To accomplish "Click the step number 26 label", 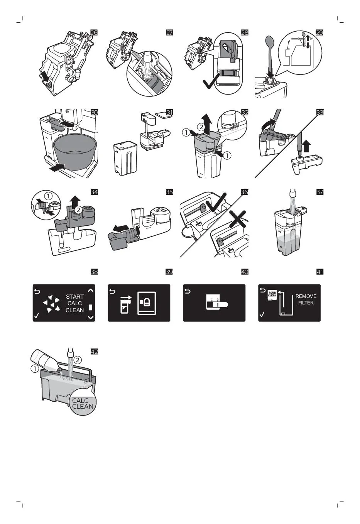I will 94,32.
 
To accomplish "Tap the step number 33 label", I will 319,112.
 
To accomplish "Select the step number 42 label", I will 94,352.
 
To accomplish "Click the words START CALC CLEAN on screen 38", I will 74,303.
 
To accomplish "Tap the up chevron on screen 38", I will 91,291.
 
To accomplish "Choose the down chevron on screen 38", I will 91,317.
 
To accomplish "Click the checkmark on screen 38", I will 37,316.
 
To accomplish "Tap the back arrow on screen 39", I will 112,291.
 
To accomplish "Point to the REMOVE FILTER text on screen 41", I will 306,299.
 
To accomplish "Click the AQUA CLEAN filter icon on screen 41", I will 272,294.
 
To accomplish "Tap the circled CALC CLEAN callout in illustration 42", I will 83,403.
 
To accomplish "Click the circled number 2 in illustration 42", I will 78,360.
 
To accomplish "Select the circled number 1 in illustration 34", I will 49,196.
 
